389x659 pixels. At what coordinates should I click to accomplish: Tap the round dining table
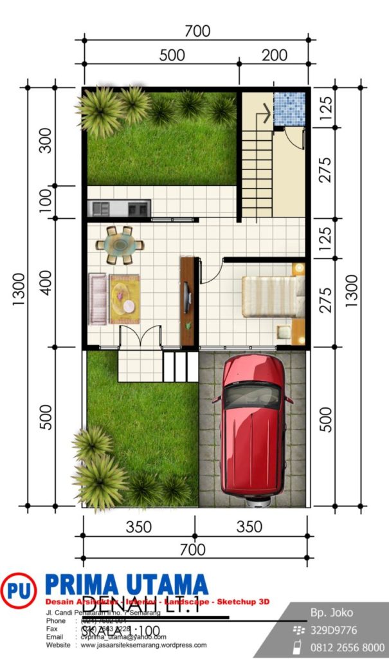(120, 245)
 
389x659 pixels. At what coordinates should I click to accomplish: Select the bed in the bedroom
(273, 296)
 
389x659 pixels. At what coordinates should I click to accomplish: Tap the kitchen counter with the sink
(119, 208)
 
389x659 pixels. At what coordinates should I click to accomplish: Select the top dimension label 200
(275, 55)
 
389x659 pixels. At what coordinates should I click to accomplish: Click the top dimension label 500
(172, 55)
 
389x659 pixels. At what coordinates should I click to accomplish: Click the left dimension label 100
(45, 201)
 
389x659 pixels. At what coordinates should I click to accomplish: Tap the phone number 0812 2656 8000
(347, 647)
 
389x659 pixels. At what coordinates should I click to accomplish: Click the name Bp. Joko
(332, 613)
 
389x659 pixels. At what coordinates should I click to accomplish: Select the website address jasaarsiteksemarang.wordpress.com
(143, 645)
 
